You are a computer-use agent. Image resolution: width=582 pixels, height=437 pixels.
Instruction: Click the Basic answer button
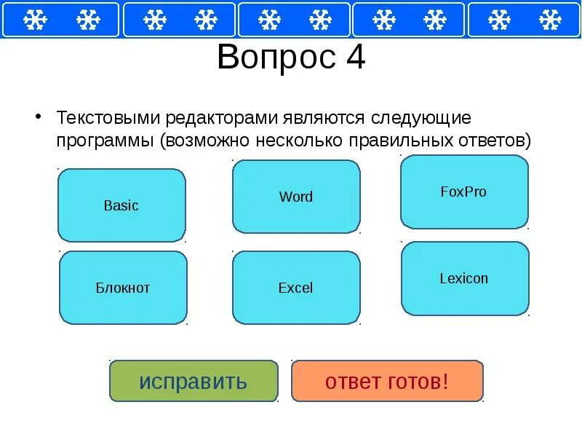(x=121, y=205)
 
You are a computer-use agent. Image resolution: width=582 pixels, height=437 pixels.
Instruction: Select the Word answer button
(x=296, y=197)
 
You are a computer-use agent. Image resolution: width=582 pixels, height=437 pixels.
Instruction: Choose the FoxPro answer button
(x=463, y=192)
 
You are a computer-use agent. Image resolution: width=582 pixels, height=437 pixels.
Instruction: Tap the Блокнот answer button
(x=123, y=288)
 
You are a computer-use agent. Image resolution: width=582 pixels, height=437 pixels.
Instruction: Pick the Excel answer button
(x=296, y=288)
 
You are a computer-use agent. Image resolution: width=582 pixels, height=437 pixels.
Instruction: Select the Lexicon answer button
(x=464, y=278)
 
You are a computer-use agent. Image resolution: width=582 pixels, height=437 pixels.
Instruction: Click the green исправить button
(x=194, y=381)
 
